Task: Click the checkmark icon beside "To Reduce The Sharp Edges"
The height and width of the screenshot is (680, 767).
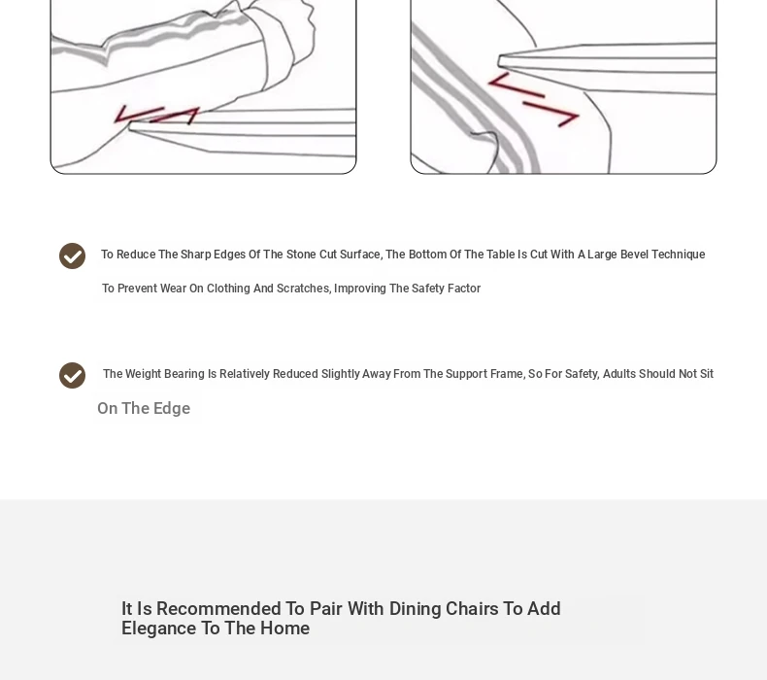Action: [x=73, y=256]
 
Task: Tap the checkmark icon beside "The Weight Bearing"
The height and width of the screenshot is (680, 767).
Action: [x=73, y=376]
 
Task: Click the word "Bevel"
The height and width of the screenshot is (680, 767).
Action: [x=634, y=255]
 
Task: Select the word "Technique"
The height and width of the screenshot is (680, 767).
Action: [x=679, y=255]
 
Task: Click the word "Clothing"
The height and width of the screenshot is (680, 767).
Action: [x=228, y=289]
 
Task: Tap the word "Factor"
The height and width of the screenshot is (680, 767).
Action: [x=463, y=289]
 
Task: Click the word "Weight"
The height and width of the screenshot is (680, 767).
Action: [x=144, y=374]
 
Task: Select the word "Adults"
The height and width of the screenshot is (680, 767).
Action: [x=619, y=374]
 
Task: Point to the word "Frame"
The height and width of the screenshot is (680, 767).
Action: [x=508, y=374]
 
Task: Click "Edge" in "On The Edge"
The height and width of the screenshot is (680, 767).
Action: [x=172, y=408]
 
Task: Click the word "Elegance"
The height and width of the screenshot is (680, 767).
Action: [x=159, y=629]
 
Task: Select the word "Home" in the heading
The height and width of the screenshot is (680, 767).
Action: [x=284, y=629]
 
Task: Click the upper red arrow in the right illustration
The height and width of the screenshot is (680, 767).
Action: [x=517, y=85]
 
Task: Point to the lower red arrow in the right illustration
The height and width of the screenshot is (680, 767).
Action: [x=551, y=114]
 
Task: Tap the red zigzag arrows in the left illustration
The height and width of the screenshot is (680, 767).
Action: [x=156, y=115]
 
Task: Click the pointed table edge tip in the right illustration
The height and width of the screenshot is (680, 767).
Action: [x=498, y=61]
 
